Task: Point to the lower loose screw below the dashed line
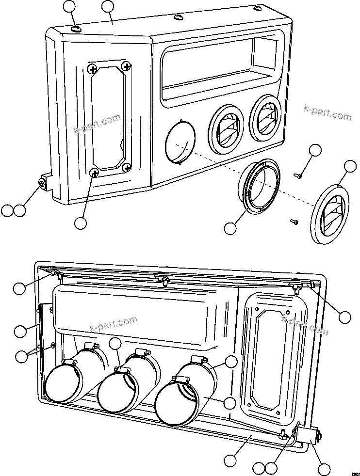(294, 222)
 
